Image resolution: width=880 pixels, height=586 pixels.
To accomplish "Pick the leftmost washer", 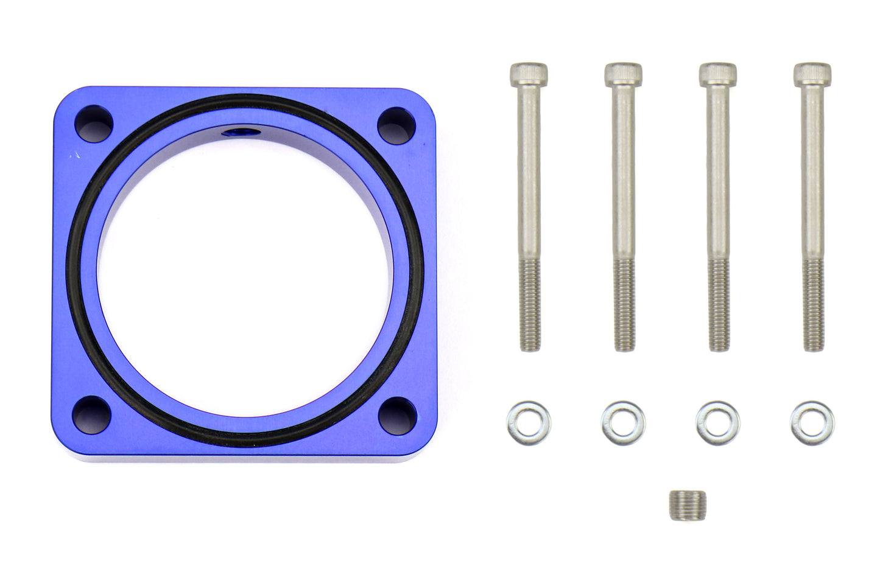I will point(527,422).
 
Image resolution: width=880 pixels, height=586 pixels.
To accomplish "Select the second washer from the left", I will point(622,422).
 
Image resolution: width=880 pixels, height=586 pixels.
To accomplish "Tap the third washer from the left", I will point(717,422).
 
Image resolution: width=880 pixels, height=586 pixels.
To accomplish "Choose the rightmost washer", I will point(813,422).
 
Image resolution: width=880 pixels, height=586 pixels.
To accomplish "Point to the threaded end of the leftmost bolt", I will point(527,316).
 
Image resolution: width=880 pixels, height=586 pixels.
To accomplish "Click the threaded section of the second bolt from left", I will point(622,316).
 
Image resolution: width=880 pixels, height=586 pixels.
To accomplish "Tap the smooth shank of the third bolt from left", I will point(717,183).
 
